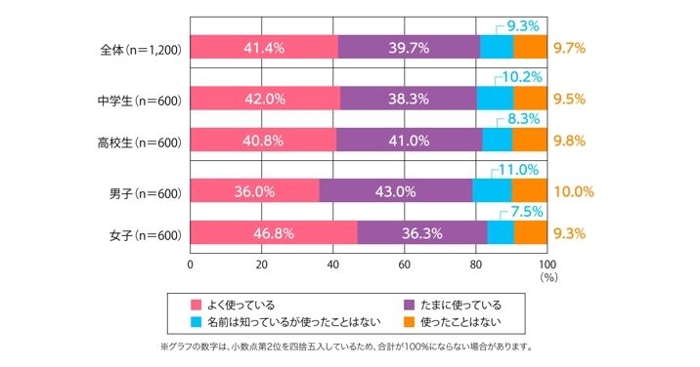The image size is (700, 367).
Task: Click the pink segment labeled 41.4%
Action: pos(263,47)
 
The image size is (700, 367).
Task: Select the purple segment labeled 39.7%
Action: pos(409,47)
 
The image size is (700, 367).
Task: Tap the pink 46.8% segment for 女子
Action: pos(273,233)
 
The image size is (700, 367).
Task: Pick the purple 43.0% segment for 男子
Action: pos(395,191)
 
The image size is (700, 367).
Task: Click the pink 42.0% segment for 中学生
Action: pos(264,99)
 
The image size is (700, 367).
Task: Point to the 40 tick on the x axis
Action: pos(332,264)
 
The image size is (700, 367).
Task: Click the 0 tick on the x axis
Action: pos(190,264)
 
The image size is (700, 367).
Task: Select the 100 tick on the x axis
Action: pos(547,264)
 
